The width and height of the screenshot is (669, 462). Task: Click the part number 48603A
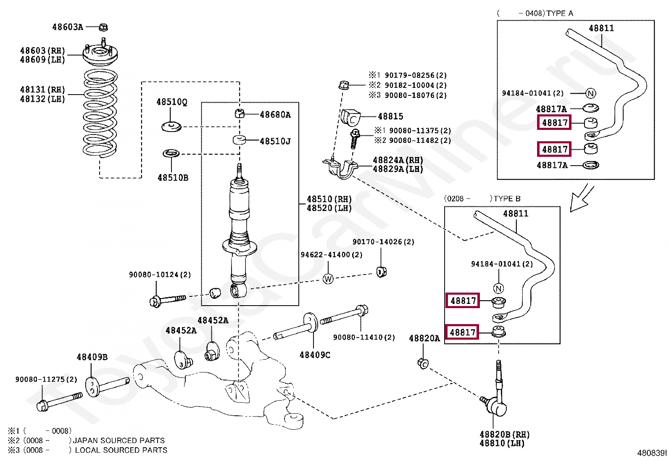click(68, 27)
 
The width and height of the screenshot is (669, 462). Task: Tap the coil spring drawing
click(100, 113)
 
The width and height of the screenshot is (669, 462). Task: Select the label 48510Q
click(172, 102)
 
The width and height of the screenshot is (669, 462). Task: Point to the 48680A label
click(275, 114)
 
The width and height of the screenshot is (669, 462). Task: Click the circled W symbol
click(328, 279)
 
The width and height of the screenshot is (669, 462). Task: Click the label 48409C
click(315, 355)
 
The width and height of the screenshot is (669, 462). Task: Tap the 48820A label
click(424, 338)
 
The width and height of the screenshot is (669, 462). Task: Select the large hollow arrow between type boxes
click(581, 199)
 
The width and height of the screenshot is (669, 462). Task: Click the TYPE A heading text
click(560, 13)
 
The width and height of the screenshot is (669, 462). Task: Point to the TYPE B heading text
click(507, 199)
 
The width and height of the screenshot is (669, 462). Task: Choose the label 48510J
click(275, 141)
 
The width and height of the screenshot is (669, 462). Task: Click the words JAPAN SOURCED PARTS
click(119, 441)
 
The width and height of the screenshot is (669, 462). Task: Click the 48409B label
click(92, 357)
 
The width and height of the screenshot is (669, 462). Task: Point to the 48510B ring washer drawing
click(171, 153)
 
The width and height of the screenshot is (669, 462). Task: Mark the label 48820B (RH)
click(504, 435)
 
